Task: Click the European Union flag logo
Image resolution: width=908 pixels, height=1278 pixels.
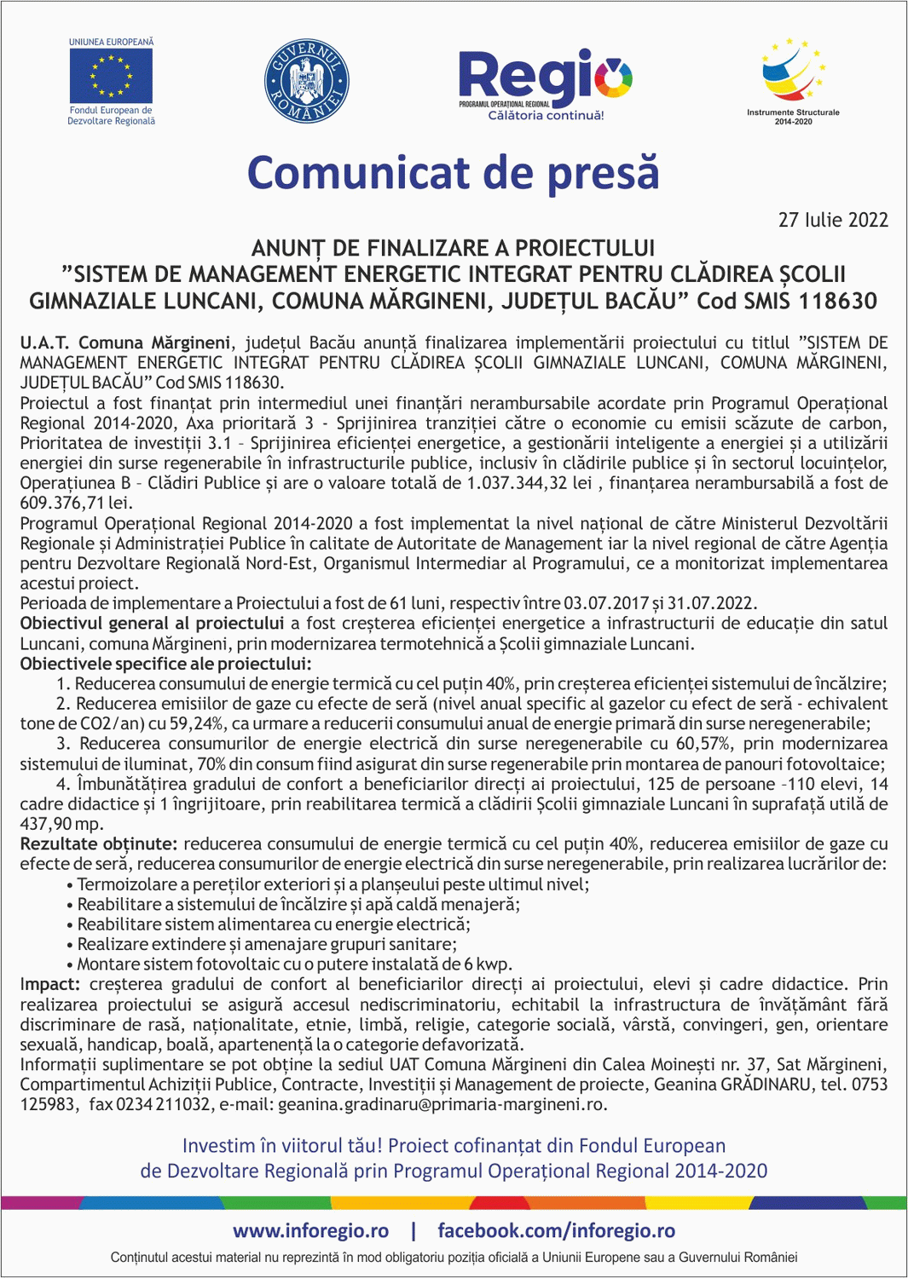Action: pos(111,77)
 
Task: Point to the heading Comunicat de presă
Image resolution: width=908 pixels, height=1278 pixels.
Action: pos(453,173)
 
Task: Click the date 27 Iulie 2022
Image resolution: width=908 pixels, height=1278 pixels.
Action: pos(832,220)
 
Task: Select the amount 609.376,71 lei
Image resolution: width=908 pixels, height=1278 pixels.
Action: pos(64,503)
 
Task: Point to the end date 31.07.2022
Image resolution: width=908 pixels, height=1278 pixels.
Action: pos(711,603)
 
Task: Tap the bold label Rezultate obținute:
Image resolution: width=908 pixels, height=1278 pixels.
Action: pos(99,843)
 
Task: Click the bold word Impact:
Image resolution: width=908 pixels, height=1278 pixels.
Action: pos(50,984)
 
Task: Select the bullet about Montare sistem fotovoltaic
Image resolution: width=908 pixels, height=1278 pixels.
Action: pos(295,964)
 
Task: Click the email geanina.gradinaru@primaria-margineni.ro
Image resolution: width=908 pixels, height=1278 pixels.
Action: pos(442,1104)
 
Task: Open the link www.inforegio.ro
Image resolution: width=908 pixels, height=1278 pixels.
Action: pos(310,1230)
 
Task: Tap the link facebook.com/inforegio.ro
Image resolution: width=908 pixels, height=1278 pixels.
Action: pos(556,1230)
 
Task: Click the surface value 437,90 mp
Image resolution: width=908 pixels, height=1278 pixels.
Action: pos(61,824)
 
